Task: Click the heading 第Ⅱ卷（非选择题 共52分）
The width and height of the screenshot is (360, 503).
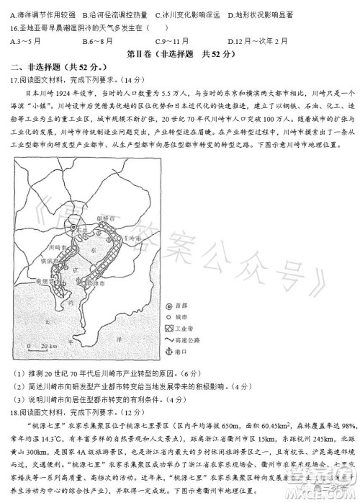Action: click(x=180, y=54)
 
